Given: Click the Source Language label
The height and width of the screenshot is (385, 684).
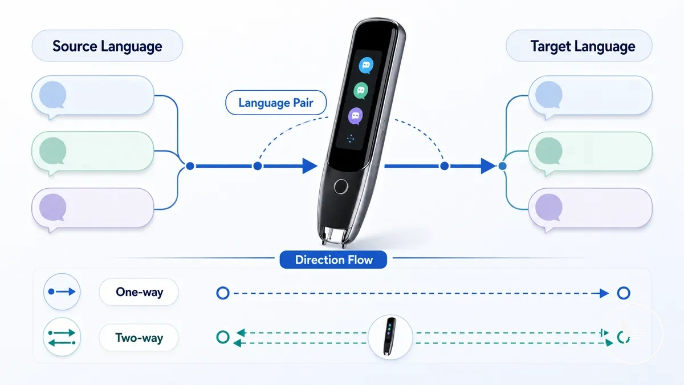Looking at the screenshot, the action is point(107,46).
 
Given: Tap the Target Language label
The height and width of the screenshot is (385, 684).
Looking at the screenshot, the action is point(579,46).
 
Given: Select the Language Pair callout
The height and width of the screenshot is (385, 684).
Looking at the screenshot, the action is point(276,103).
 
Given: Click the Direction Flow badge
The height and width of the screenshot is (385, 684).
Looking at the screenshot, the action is point(333,260).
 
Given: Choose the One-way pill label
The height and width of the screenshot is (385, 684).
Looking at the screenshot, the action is point(139,292).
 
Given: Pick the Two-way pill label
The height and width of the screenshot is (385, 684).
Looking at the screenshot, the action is point(139,338).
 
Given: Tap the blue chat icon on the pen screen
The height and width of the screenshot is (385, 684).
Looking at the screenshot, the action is point(366,66).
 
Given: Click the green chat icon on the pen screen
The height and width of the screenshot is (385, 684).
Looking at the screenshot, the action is point(361,91).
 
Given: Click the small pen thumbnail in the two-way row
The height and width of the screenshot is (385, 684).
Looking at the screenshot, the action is point(390,337).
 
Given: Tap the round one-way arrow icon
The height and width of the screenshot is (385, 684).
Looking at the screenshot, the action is point(62,292).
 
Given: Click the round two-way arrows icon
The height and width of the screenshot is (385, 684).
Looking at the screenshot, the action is point(62,337).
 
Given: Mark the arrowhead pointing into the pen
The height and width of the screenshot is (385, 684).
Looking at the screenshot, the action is point(310,166).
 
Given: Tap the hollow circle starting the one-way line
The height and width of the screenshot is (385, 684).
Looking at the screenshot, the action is point(223,293).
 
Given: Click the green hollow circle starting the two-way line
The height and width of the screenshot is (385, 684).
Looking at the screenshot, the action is point(223,337).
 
